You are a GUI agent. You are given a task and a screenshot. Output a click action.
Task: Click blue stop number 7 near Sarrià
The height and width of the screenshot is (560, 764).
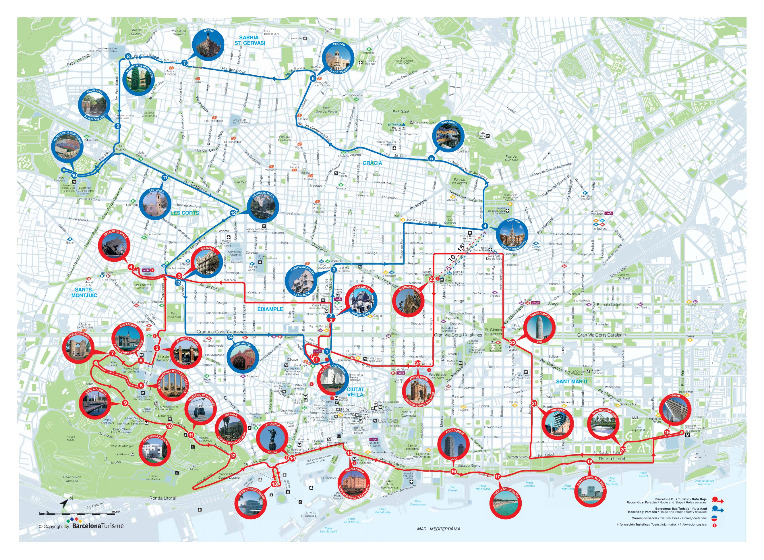tap(184, 63)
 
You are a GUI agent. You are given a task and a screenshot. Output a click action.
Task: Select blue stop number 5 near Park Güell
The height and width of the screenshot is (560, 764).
tap(431, 158)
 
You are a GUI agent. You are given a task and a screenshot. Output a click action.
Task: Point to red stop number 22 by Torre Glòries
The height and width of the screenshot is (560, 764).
tap(512, 342)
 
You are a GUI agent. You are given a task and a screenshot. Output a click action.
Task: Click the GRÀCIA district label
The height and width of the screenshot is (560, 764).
tap(372, 163)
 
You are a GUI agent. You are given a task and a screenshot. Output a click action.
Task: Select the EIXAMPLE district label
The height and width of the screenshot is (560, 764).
tap(270, 309)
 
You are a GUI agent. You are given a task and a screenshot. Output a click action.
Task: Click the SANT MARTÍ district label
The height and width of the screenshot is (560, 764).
tap(572, 381)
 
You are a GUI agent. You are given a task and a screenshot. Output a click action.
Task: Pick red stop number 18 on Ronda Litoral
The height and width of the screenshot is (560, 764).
tap(589, 461)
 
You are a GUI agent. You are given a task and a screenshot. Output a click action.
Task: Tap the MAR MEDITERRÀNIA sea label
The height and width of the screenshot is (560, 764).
tap(438, 529)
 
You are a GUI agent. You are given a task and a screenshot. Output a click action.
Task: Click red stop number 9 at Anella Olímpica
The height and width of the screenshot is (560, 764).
tap(125, 403)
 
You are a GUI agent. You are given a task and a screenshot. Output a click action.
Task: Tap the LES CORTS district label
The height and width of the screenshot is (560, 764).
tap(185, 213)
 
